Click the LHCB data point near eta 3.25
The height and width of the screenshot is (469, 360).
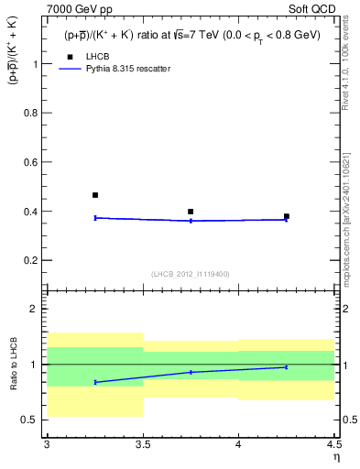point(95,195)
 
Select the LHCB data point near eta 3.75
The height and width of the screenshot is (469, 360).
point(191,212)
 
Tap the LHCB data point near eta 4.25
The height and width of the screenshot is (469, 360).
point(287,216)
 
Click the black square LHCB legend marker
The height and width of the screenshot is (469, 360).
point(70,57)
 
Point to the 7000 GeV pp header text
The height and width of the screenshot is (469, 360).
point(82,8)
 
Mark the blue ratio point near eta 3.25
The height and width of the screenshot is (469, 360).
point(95,382)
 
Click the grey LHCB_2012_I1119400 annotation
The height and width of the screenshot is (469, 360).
point(191,273)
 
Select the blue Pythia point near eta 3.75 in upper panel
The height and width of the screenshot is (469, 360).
point(191,221)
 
